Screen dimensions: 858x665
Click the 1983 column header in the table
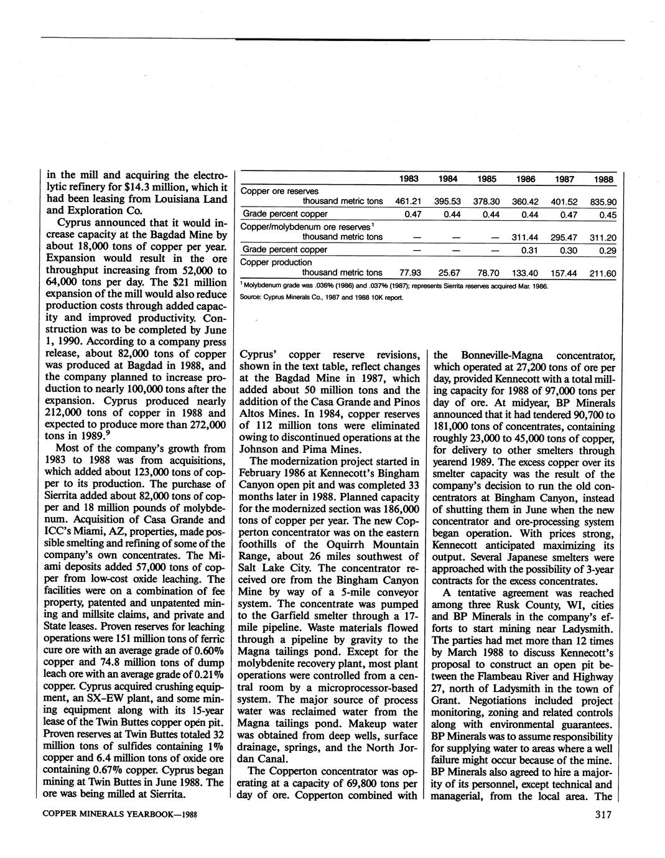click(408, 179)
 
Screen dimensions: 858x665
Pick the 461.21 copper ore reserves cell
click(409, 202)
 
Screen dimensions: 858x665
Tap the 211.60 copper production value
click(602, 273)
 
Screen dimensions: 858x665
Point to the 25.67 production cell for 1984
click(448, 273)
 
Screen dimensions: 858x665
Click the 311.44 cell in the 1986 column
click(525, 237)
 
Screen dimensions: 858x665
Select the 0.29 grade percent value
click(606, 249)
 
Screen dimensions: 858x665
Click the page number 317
click(603, 815)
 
